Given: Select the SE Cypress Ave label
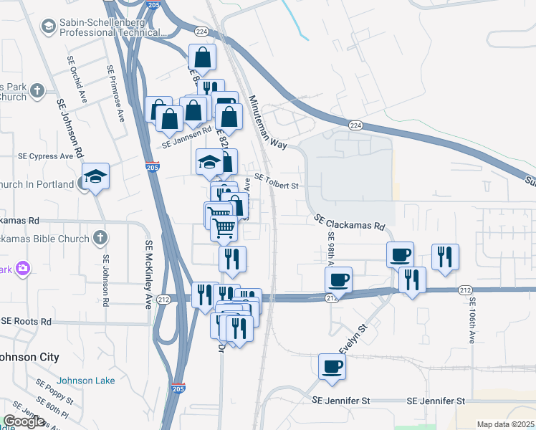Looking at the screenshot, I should (x=46, y=156).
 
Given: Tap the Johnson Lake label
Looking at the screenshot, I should (x=80, y=381).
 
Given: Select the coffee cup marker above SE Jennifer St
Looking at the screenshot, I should (x=332, y=367).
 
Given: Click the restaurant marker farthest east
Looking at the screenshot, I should (x=445, y=257).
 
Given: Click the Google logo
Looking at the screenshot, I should (x=24, y=421).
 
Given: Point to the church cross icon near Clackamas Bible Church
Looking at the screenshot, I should (x=100, y=236).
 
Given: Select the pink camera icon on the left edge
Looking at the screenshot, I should (x=24, y=269).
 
